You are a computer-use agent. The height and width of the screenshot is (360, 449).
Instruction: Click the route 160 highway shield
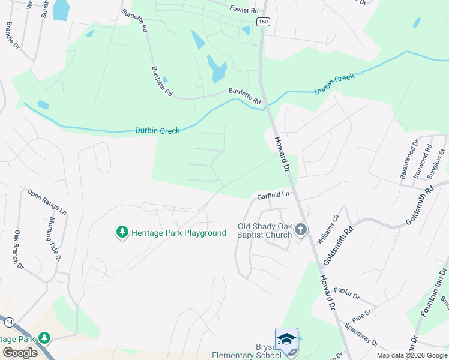coord(262,22)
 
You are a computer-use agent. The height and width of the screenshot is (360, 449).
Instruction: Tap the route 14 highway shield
coord(8,322)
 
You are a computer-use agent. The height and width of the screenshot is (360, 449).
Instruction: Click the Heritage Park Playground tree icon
coord(122,232)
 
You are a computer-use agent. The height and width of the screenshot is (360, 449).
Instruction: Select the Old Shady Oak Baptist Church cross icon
coord(301,229)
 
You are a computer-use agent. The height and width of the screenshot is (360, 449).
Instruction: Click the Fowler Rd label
coord(244,10)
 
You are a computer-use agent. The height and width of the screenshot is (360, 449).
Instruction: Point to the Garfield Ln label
coord(273,196)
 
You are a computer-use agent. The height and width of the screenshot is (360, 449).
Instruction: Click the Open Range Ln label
coord(47,202)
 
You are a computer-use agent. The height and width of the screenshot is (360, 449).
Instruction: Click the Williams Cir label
coord(328,229)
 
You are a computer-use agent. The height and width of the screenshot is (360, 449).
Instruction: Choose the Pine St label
coord(362,313)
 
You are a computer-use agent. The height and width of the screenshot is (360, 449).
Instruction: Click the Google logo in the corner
coord(20,353)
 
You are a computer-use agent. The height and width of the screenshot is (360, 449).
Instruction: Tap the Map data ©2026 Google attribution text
coord(412,355)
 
